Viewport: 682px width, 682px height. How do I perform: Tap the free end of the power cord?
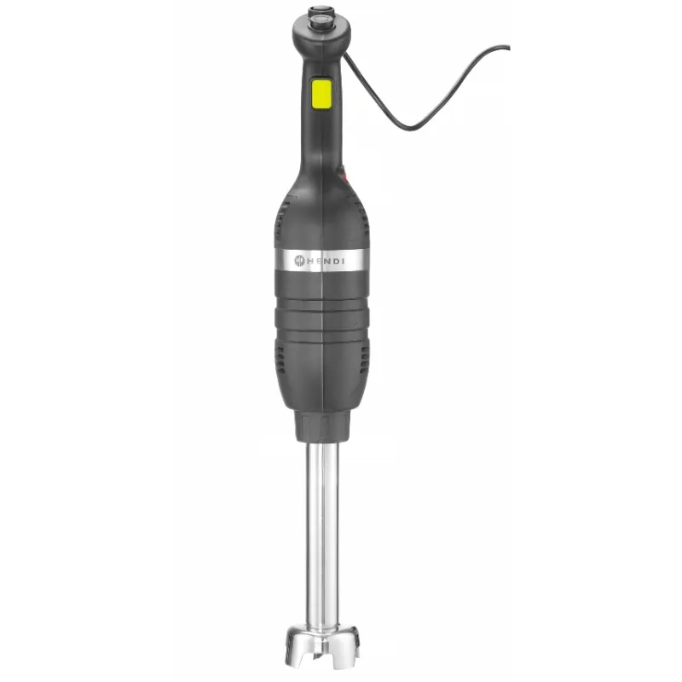(x=509, y=47)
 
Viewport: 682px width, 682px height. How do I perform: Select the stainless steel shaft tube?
(x=322, y=546)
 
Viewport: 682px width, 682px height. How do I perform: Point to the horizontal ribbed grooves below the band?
(x=322, y=299)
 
